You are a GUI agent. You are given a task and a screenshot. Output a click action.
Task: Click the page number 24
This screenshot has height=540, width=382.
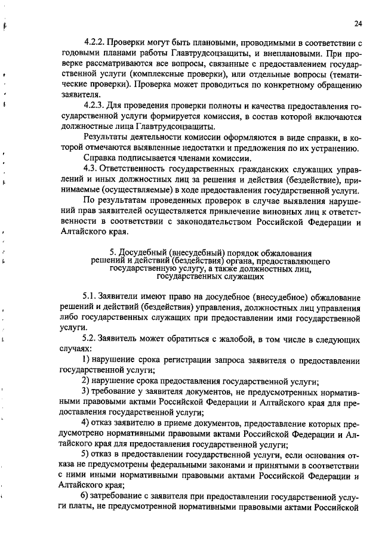pos(358,24)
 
